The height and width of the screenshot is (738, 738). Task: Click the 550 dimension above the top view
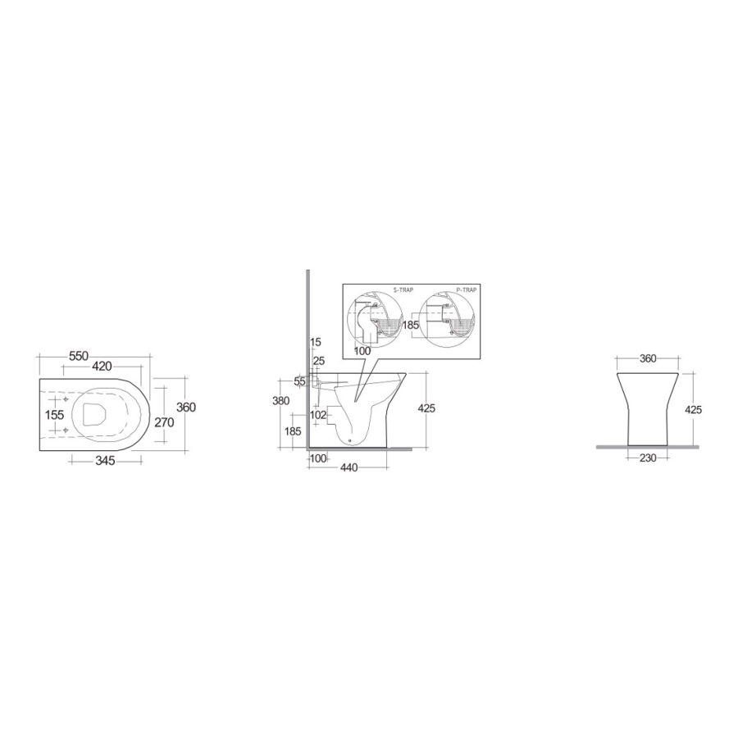pyautogui.click(x=79, y=357)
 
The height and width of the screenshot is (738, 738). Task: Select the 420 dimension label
pyautogui.click(x=102, y=367)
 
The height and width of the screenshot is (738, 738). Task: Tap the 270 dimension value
pyautogui.click(x=164, y=422)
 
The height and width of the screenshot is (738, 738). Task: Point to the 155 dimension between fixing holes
pyautogui.click(x=54, y=415)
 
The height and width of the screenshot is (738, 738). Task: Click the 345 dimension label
pyautogui.click(x=105, y=461)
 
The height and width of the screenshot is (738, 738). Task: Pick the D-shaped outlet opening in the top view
pyautogui.click(x=94, y=415)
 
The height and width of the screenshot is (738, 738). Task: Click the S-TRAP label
pyautogui.click(x=403, y=290)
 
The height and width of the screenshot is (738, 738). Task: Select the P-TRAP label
pyautogui.click(x=466, y=290)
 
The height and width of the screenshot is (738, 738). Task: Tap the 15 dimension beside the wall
pyautogui.click(x=316, y=342)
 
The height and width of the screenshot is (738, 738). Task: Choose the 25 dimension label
pyautogui.click(x=319, y=361)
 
